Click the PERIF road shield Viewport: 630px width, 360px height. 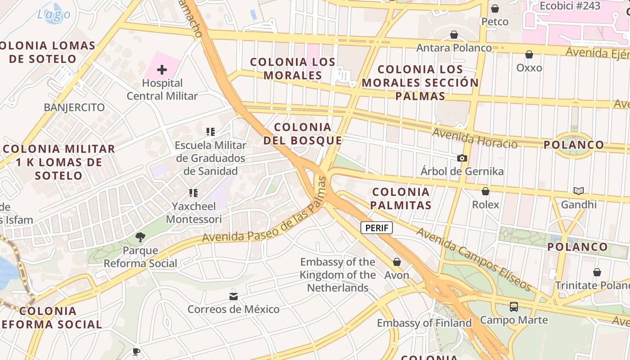(x=377, y=228)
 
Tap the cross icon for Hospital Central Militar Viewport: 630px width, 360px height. (x=162, y=70)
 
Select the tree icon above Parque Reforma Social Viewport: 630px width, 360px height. (x=140, y=237)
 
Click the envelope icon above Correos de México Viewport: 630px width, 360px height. (x=233, y=296)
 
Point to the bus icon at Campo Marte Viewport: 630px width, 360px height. (x=513, y=307)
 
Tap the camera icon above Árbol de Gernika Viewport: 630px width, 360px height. (x=462, y=158)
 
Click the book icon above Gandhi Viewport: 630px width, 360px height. (x=579, y=191)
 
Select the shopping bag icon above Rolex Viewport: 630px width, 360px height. (x=486, y=191)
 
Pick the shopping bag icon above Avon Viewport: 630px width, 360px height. (x=397, y=262)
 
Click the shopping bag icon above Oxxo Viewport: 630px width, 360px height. (x=529, y=54)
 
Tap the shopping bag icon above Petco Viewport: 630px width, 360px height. (x=495, y=9)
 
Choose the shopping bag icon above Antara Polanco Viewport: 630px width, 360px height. (x=454, y=35)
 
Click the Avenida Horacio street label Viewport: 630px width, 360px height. (x=475, y=138)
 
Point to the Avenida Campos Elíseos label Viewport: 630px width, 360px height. (x=474, y=260)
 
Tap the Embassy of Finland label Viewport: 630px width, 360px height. (x=424, y=323)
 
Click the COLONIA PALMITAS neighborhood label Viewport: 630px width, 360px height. (x=401, y=198)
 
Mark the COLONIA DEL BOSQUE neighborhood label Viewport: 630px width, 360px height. (x=303, y=134)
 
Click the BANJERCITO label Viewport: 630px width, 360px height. (x=74, y=108)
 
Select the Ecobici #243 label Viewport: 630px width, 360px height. (x=570, y=6)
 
